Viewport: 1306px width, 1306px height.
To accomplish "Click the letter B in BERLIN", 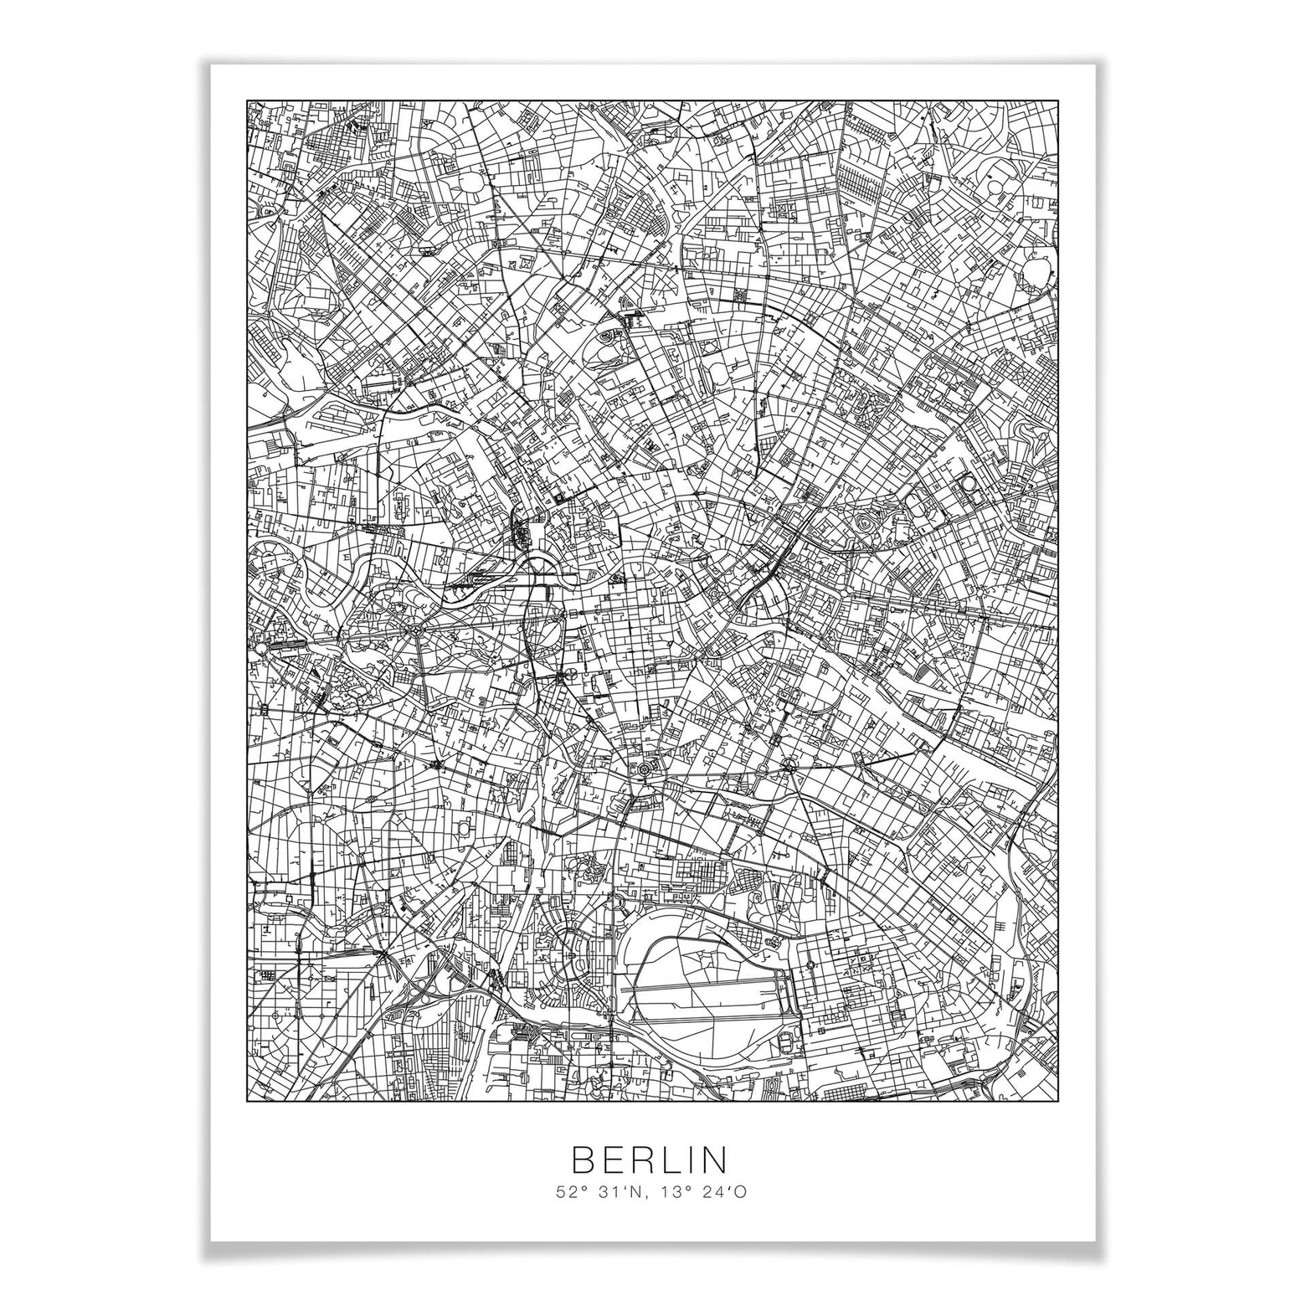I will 582,1159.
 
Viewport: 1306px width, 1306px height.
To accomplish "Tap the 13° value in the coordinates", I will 672,1190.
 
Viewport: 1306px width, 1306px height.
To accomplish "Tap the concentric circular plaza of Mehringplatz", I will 644,768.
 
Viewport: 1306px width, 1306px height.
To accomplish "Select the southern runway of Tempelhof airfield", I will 712,1020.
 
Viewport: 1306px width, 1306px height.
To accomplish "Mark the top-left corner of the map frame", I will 247,101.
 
